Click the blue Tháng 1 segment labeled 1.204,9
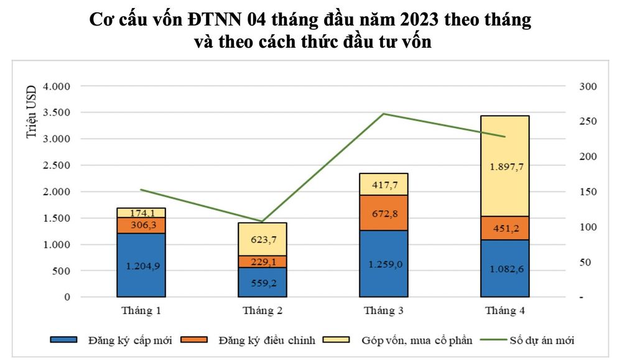click(x=141, y=265)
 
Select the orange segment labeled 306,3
click(x=141, y=225)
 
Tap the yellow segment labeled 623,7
click(x=262, y=239)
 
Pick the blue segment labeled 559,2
click(x=262, y=282)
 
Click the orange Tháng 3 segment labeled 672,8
click(x=384, y=213)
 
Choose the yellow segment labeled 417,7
click(x=384, y=185)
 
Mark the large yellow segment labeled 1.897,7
click(x=505, y=166)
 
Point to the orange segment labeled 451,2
click(x=505, y=228)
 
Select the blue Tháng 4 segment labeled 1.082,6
click(x=505, y=269)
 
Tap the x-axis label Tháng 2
click(x=262, y=310)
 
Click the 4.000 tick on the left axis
click(x=57, y=86)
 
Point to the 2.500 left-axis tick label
click(x=57, y=165)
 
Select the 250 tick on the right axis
click(x=588, y=121)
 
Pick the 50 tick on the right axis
click(x=585, y=262)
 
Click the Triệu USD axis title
click(x=31, y=111)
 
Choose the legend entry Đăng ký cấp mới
click(x=111, y=340)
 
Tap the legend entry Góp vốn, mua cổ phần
click(x=397, y=340)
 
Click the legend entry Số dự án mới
click(x=527, y=340)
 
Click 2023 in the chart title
click(x=419, y=19)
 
